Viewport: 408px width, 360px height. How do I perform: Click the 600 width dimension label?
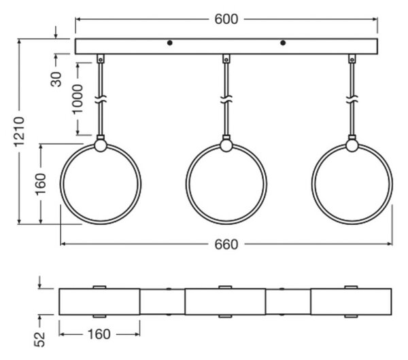(x=226, y=19)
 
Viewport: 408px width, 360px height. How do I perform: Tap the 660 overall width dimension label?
(x=226, y=245)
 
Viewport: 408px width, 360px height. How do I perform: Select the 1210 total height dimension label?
(x=20, y=132)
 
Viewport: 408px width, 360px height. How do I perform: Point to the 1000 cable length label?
(x=78, y=99)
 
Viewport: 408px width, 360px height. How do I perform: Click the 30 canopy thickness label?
(x=56, y=79)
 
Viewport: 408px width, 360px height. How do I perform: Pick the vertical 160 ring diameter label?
(x=41, y=184)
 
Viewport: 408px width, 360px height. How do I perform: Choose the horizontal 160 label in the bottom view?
(x=99, y=334)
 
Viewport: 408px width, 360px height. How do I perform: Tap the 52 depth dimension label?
(x=40, y=340)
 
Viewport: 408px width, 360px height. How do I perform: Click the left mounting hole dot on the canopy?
(x=169, y=43)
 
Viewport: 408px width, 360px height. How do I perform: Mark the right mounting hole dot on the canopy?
(x=283, y=43)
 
